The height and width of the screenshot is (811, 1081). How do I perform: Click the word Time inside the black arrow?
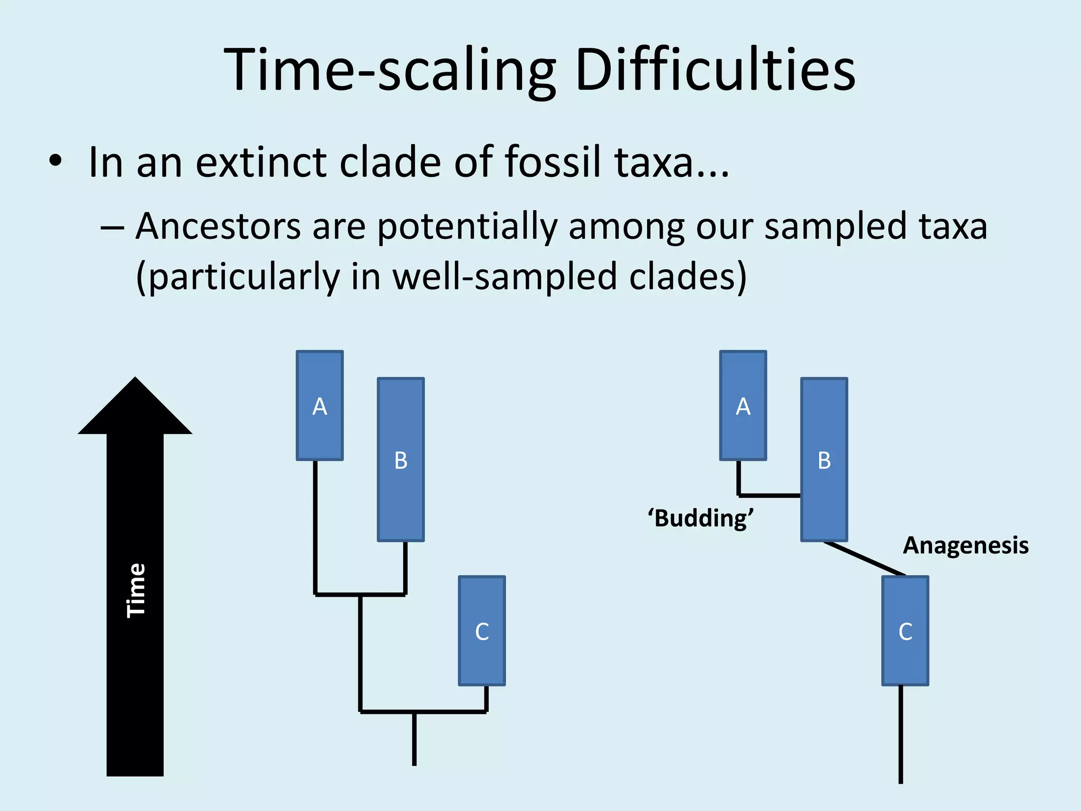136,590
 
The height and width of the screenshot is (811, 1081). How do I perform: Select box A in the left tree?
319,405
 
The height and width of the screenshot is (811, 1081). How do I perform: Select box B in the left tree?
401,460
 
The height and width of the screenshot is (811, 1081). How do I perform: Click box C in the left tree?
481,631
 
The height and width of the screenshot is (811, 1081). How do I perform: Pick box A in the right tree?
743,405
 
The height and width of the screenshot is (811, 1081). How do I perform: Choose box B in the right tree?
824,460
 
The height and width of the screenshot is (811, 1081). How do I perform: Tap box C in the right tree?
905,631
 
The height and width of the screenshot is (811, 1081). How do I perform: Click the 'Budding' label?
700,518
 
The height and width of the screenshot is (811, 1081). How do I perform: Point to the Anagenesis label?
965,545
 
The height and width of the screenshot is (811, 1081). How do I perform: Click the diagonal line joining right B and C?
865,559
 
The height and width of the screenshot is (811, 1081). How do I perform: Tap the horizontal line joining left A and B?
360,595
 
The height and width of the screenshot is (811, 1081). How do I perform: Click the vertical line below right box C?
900,734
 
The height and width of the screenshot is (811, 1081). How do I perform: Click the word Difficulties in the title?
715,70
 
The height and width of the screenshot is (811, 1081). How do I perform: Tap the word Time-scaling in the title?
390,70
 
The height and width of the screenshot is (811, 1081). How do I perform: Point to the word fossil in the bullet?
553,162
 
